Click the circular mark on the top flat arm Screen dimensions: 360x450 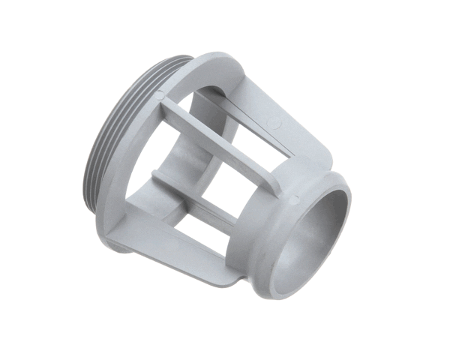[x=271, y=120]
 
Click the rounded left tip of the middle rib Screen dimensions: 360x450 [x=155, y=174]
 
